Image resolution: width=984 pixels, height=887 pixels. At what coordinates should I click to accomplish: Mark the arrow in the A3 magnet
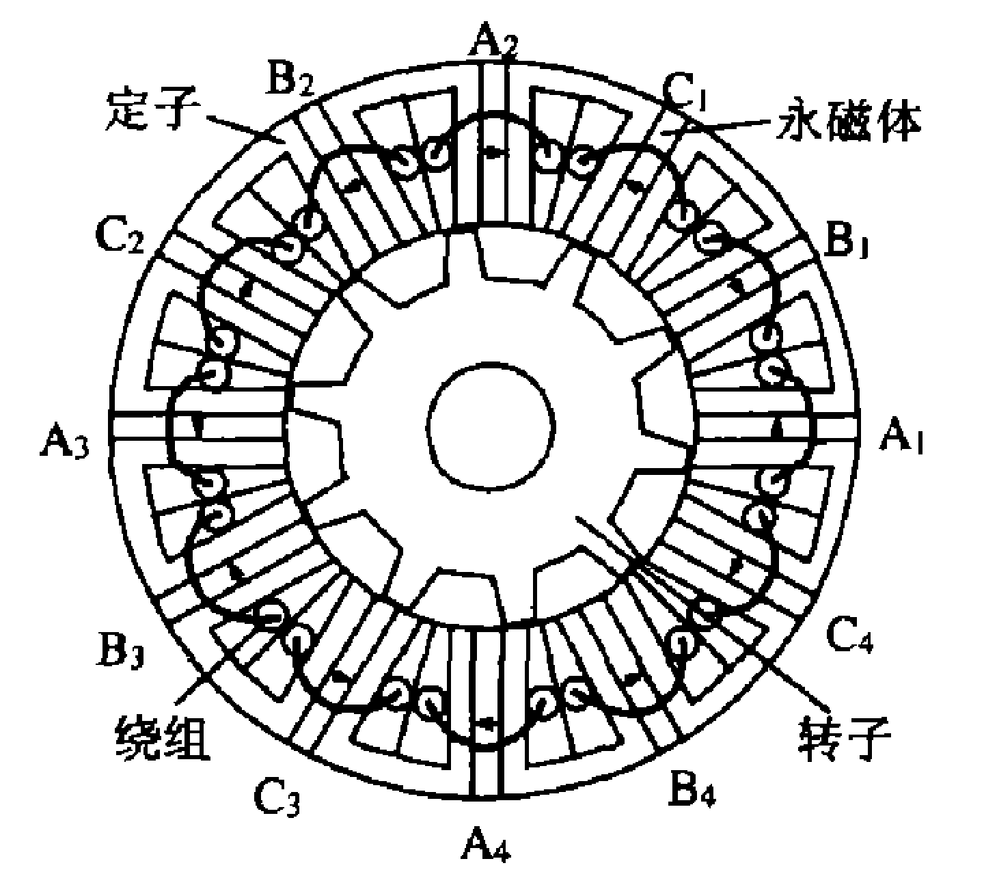point(197,426)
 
